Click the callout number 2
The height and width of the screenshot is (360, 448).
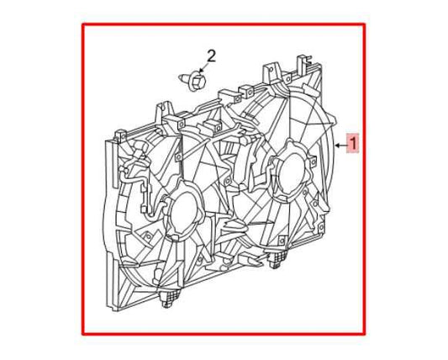tap(211, 56)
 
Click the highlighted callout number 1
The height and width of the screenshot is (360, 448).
tap(354, 143)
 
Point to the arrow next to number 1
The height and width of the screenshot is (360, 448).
tap(340, 144)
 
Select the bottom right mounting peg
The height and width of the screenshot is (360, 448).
tap(275, 263)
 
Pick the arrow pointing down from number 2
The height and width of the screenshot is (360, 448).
tap(202, 69)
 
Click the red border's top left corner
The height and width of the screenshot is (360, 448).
tap(82, 24)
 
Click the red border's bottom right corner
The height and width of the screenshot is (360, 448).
tap(364, 334)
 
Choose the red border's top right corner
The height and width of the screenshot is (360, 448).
tap(364, 24)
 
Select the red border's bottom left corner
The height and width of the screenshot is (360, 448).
tap(82, 334)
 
